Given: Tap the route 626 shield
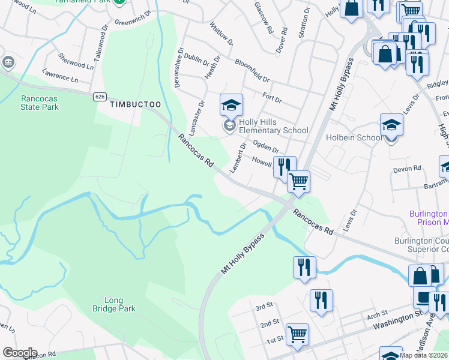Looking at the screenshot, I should (100, 96).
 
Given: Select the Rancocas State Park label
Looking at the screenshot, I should (40, 102).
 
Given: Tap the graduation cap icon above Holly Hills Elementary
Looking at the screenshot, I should (231, 106).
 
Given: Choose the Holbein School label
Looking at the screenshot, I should (354, 137).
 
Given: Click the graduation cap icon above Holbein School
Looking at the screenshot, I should (391, 125).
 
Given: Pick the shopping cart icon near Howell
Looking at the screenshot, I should (298, 180).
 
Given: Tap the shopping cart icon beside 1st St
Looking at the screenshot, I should (297, 335).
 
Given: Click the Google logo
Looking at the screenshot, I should (19, 353).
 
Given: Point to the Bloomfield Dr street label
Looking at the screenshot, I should (253, 71).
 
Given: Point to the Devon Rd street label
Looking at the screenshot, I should (408, 169).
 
